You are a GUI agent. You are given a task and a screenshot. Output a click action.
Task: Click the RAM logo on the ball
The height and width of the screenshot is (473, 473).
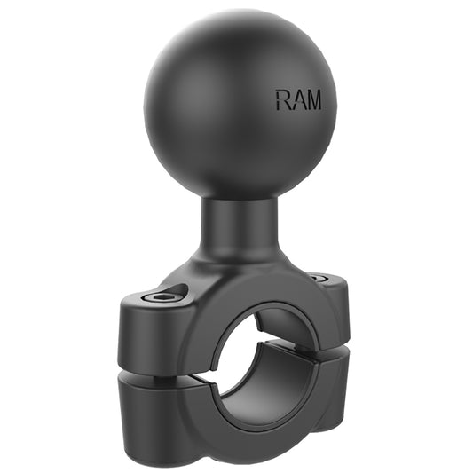point(298,99)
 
